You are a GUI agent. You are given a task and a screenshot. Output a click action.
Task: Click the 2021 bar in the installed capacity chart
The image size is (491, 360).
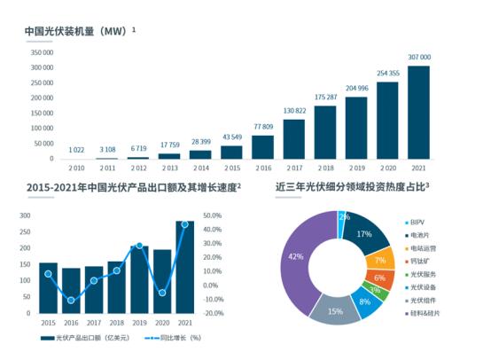tap(418, 113)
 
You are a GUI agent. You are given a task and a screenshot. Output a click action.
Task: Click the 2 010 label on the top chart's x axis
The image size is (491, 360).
tap(76, 167)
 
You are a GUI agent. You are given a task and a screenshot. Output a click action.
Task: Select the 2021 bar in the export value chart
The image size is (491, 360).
tap(184, 267)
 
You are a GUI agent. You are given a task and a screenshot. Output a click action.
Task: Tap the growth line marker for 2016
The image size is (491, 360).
tap(71, 301)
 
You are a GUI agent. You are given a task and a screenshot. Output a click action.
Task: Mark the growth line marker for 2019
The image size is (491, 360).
tap(139, 246)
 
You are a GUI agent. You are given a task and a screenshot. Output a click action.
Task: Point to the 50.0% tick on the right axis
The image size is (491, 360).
tap(212, 215)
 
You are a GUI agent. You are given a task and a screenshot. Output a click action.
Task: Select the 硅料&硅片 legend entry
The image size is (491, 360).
tap(428, 313)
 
